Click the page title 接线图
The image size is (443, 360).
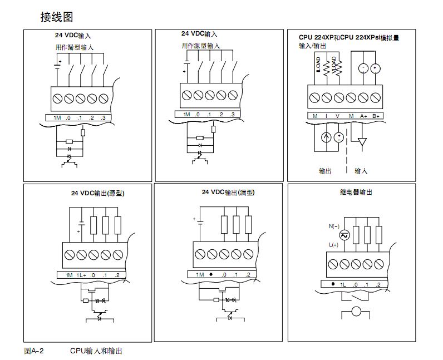(x=56, y=17)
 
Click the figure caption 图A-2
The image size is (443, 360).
(x=34, y=351)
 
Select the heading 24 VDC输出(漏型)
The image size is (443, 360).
(x=228, y=193)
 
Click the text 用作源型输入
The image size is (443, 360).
(x=201, y=46)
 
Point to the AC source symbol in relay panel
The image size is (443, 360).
(x=343, y=236)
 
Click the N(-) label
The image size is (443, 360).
(x=334, y=226)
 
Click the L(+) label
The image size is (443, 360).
(x=334, y=245)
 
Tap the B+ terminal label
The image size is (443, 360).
(x=376, y=115)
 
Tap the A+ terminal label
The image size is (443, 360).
(x=363, y=115)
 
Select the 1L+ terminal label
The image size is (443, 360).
(x=81, y=275)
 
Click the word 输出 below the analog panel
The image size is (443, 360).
(x=325, y=171)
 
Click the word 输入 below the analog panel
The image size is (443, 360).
(x=361, y=171)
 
